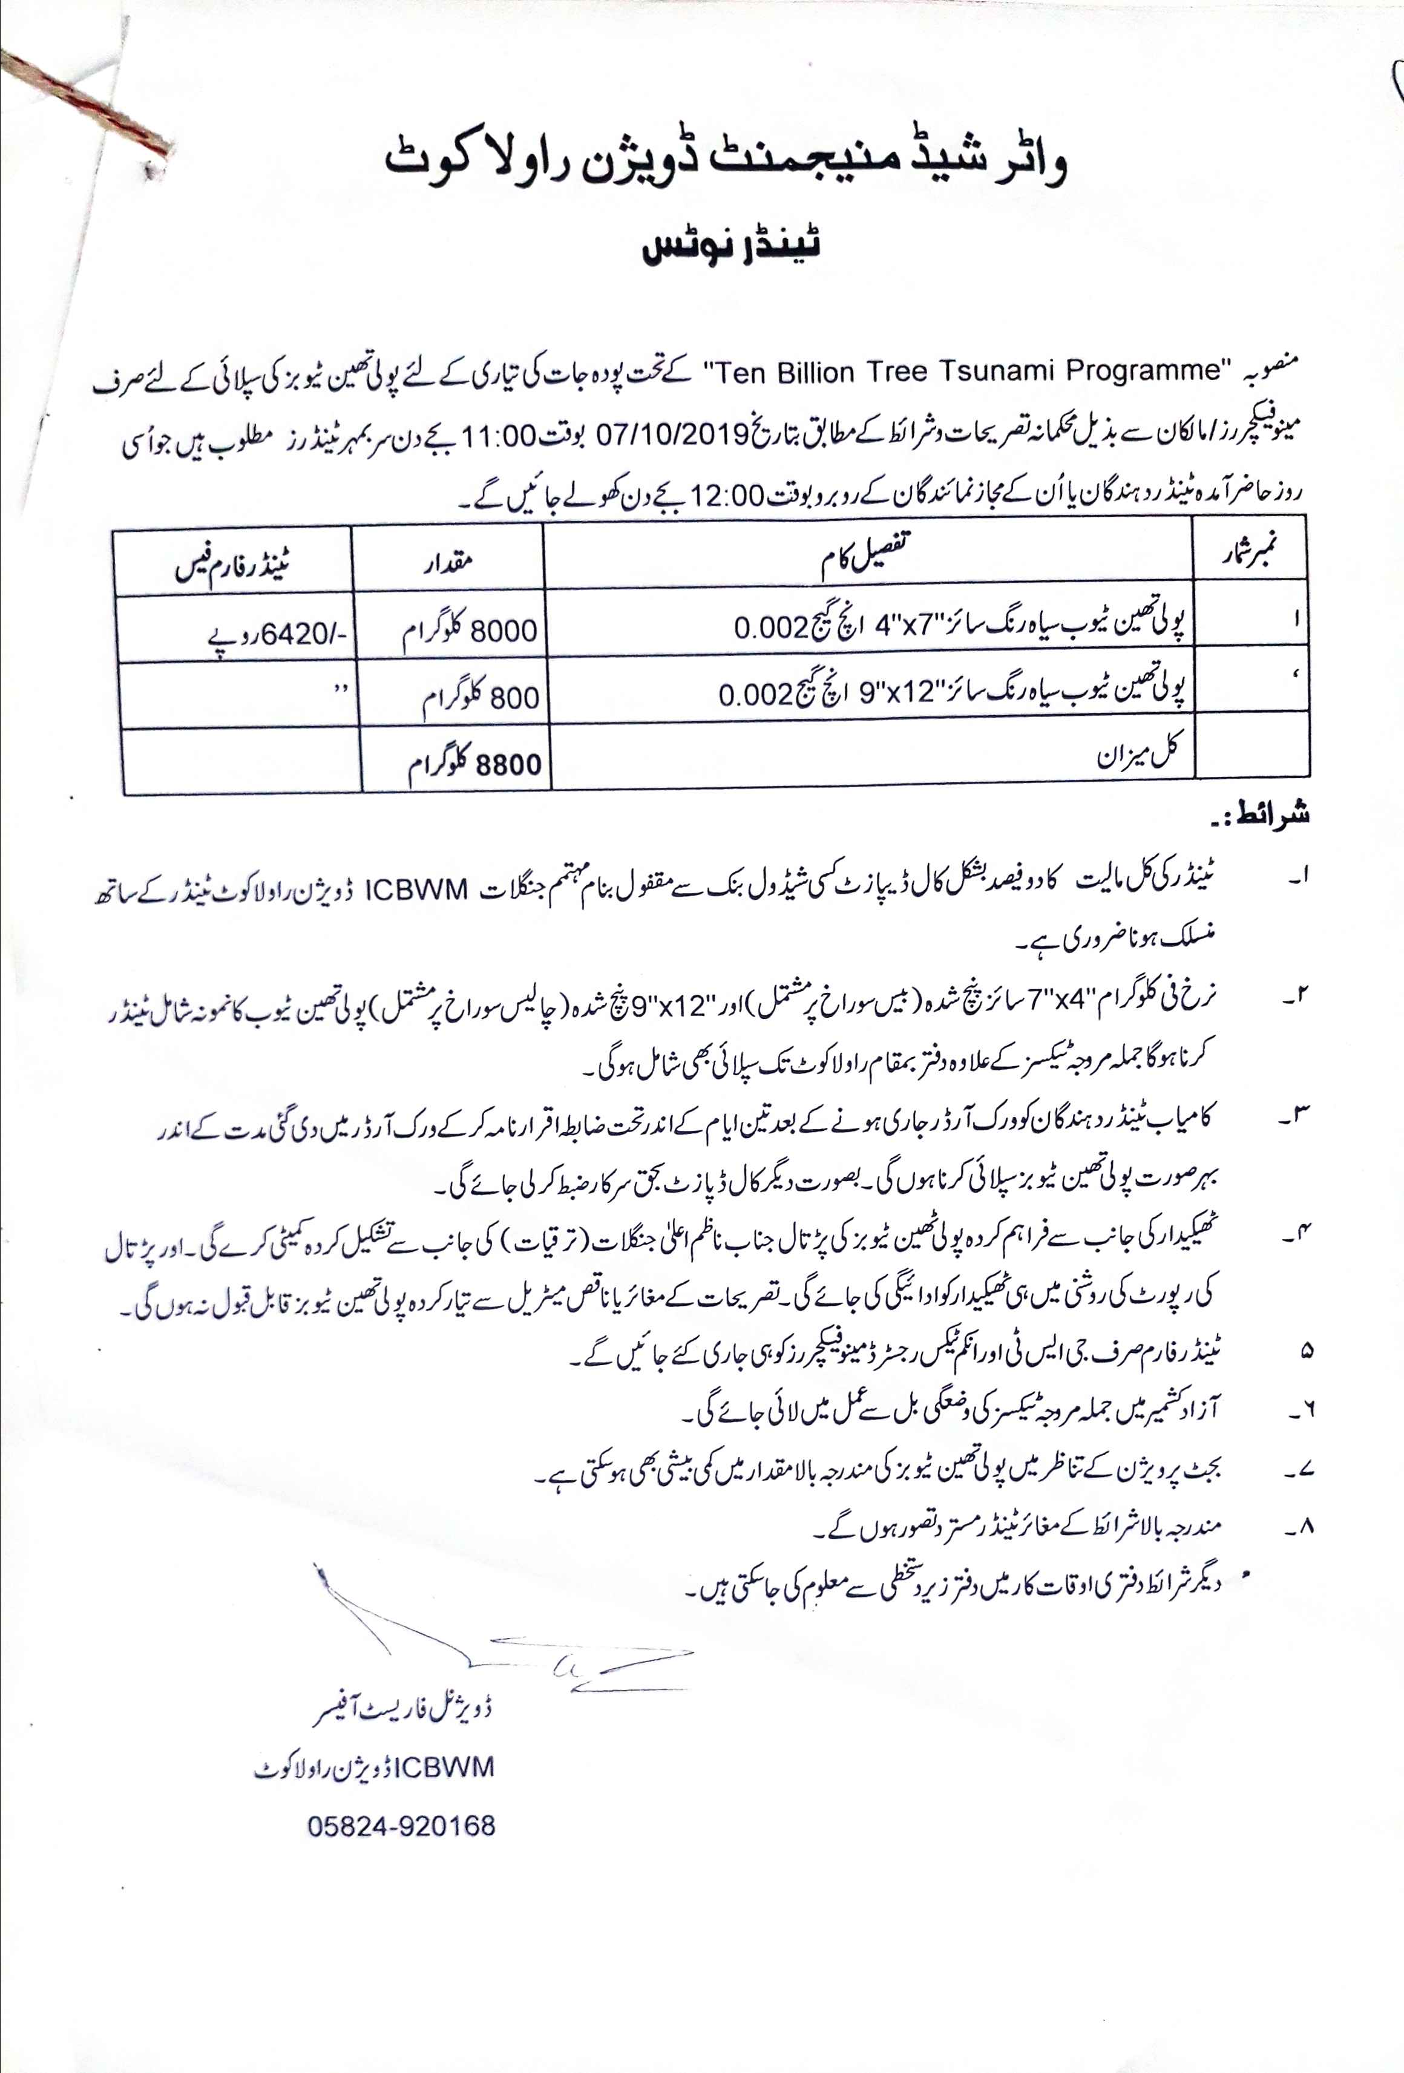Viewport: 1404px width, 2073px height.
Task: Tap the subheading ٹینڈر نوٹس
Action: pyautogui.click(x=732, y=246)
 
